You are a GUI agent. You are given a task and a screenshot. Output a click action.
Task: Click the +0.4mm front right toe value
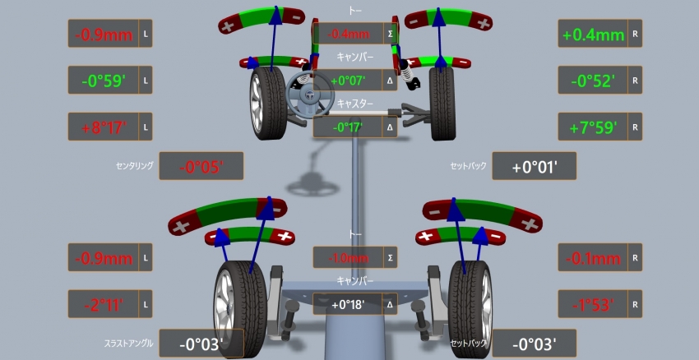pos(594,34)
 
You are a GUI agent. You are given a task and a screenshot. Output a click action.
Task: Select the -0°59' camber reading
pos(104,81)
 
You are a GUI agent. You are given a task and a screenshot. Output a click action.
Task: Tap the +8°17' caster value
pos(104,127)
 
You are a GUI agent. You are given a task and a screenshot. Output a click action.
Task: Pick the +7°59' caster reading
pos(594,127)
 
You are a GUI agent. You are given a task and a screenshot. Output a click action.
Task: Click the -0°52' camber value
pos(594,81)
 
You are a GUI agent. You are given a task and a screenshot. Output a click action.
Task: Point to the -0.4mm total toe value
pos(348,34)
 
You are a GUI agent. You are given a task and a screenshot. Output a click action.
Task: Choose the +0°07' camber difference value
pos(348,81)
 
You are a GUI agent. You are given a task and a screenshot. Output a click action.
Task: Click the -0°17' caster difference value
pos(348,127)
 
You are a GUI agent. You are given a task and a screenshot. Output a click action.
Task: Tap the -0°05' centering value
pos(201,167)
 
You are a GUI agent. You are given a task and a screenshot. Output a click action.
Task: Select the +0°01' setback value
pos(535,167)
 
